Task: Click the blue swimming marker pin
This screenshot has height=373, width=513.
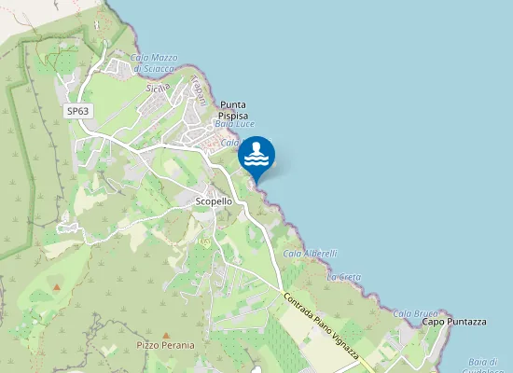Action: coord(256,155)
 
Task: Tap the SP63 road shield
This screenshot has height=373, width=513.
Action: coord(77,111)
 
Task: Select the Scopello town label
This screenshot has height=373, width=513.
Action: coord(214,201)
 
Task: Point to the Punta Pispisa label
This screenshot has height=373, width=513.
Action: coord(233,111)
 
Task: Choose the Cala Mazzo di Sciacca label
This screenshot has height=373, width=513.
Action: coord(154,62)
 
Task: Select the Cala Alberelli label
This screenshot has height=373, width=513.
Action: coord(310,254)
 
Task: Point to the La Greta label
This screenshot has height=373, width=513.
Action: coord(344,277)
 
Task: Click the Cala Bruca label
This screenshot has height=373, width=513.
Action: coord(415,313)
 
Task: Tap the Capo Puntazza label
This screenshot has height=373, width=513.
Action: coord(454,322)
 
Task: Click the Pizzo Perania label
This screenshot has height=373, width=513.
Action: coord(166,345)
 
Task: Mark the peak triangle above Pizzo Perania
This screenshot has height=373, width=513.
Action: coord(166,335)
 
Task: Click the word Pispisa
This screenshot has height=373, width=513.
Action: coord(233,117)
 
